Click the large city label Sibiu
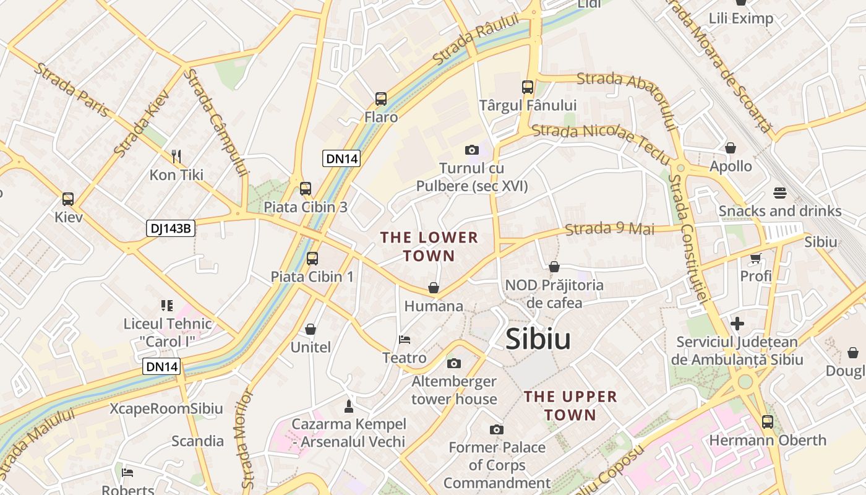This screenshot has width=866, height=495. (x=538, y=339)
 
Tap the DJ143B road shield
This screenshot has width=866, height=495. (x=171, y=228)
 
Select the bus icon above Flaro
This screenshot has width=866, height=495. (x=381, y=99)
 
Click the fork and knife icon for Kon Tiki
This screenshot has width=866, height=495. (x=176, y=156)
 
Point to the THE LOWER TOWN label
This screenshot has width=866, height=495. (x=429, y=246)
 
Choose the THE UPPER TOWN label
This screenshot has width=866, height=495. (x=570, y=406)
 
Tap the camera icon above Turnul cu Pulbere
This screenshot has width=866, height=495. (x=472, y=150)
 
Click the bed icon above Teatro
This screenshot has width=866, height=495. (x=405, y=339)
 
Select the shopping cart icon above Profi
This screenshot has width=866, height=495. (x=756, y=257)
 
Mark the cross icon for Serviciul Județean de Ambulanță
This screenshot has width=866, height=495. (x=737, y=323)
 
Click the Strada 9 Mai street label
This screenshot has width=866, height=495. (x=609, y=229)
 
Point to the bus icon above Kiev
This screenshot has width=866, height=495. (x=68, y=199)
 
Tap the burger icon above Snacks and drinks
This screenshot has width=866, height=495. (x=779, y=193)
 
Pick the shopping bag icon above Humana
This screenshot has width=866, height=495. (x=434, y=288)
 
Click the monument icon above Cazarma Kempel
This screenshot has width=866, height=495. (x=349, y=406)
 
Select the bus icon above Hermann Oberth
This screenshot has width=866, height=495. (x=768, y=422)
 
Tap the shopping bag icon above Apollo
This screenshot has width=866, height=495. (x=731, y=148)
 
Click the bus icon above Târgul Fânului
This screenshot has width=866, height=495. (x=528, y=87)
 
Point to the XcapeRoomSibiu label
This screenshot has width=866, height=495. (x=166, y=409)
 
